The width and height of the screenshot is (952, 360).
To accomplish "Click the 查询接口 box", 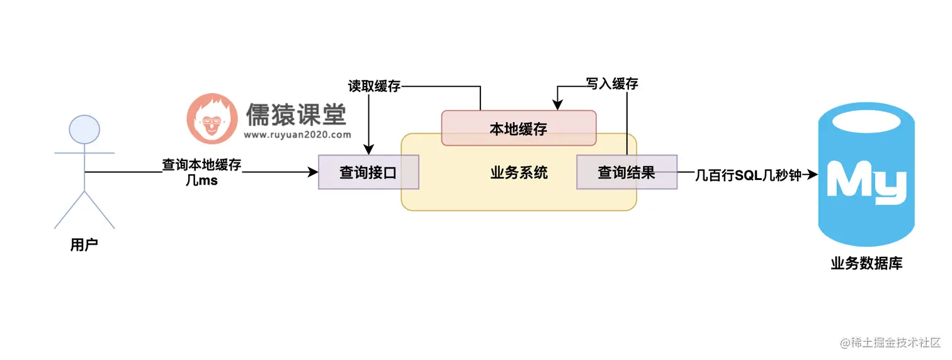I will (x=368, y=172).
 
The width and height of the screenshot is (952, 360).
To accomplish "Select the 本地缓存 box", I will (x=518, y=128).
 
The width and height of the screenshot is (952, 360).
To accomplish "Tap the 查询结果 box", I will (x=626, y=172).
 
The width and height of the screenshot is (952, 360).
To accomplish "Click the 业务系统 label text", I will (x=519, y=172).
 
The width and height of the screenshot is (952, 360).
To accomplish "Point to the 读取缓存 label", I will (x=374, y=86).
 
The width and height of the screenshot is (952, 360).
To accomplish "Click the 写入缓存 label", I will (x=611, y=84).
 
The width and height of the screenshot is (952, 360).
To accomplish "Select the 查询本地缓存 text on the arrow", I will (x=201, y=165).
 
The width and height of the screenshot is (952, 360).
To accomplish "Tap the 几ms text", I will (x=201, y=181).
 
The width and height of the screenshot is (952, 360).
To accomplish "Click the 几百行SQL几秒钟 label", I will (x=748, y=176).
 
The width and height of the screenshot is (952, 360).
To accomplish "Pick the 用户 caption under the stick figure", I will (x=84, y=245).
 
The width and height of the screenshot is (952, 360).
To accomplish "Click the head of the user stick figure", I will (x=84, y=130).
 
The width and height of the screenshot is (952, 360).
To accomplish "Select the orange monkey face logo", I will (x=212, y=118).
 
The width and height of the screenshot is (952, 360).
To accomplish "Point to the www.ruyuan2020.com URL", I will (x=297, y=134).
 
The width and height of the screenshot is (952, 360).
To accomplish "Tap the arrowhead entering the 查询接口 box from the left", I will (x=313, y=172).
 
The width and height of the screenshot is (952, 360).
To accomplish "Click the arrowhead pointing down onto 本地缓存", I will (x=555, y=105).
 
